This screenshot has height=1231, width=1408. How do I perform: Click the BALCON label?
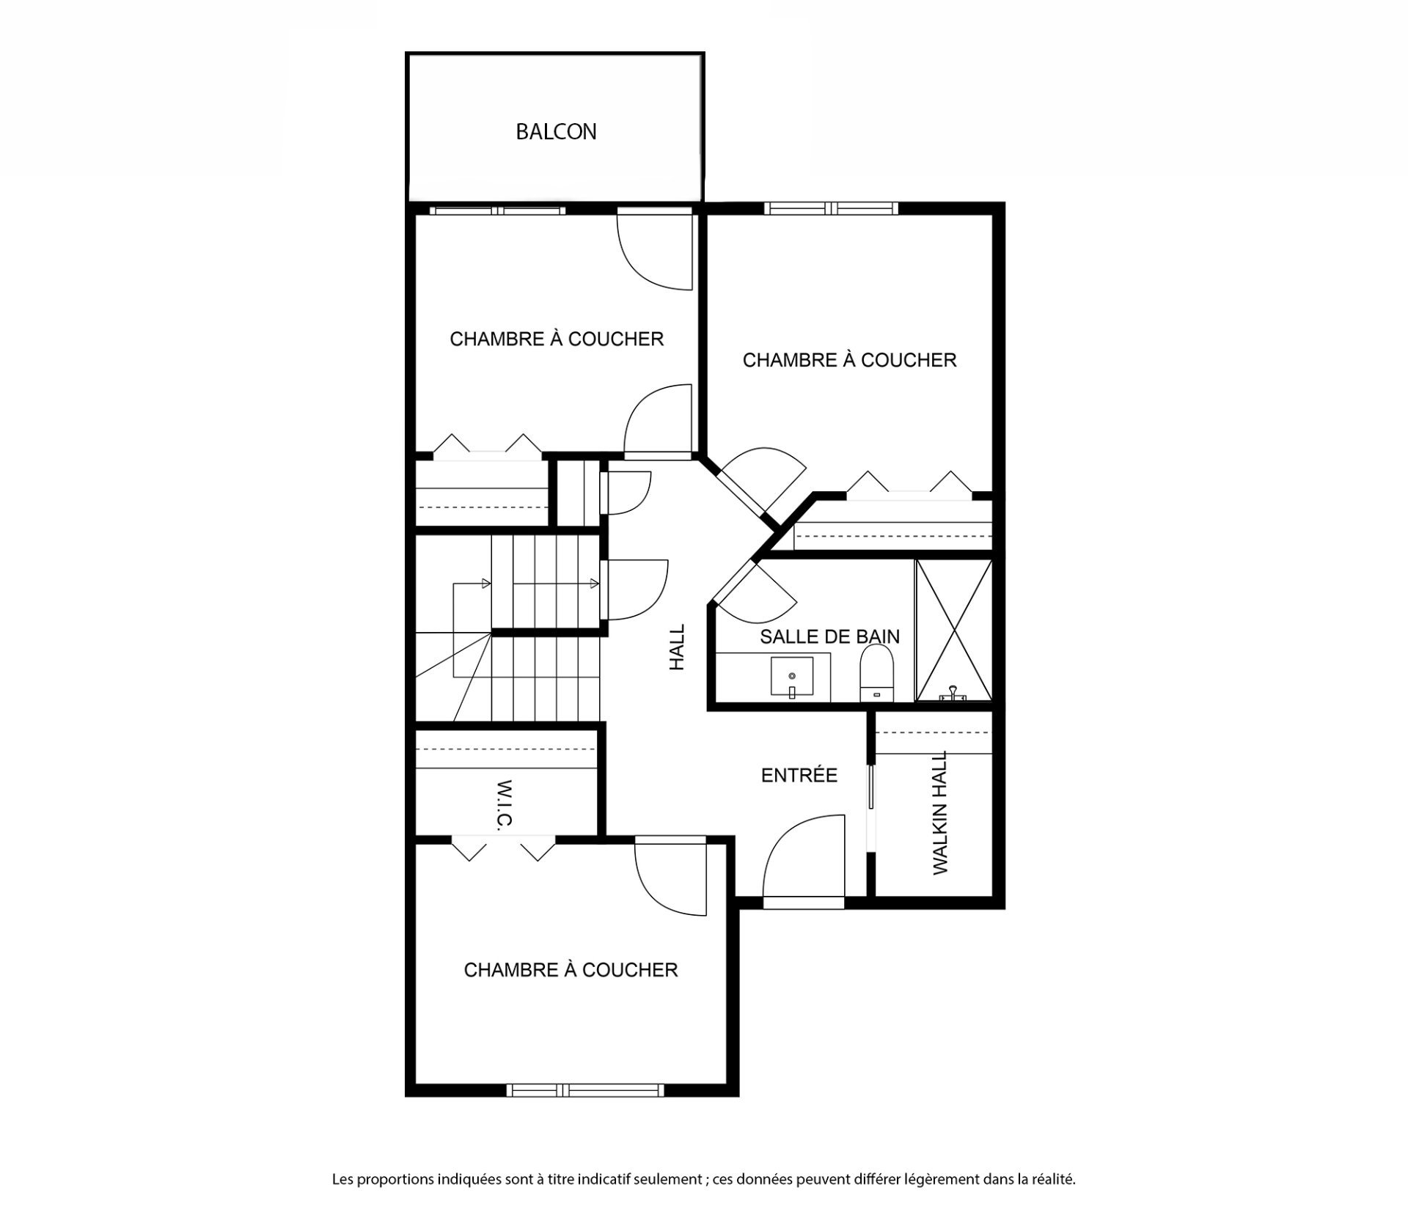coord(556,132)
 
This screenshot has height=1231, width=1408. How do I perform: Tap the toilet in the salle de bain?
coord(878,672)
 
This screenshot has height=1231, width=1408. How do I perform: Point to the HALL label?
coord(677,647)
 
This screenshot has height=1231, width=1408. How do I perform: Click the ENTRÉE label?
coord(799,775)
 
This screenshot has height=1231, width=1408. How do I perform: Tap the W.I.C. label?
coord(505,804)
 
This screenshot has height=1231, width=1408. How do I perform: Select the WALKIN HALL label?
coord(940,812)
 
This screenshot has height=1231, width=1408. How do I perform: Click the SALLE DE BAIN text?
coord(829,636)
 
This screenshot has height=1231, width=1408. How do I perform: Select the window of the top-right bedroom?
coord(831,208)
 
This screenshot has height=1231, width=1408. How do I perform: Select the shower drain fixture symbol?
coord(953,692)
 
